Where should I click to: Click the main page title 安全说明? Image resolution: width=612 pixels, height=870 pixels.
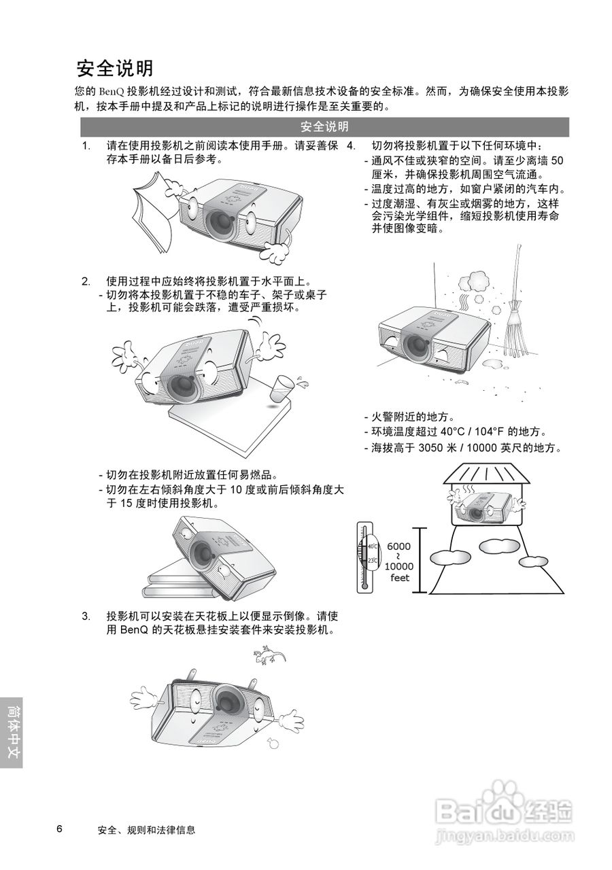[115, 69]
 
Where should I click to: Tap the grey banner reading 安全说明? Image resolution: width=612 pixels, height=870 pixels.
[324, 126]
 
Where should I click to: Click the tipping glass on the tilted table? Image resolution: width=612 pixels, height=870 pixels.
[282, 389]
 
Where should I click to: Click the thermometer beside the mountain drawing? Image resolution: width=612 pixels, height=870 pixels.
[364, 559]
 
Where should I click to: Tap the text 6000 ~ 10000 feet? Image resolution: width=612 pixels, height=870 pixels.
[399, 562]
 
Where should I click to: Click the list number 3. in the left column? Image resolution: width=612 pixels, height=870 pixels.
[86, 616]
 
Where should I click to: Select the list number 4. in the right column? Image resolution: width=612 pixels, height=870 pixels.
[351, 146]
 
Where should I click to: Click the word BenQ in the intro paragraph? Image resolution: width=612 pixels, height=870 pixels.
[112, 92]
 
